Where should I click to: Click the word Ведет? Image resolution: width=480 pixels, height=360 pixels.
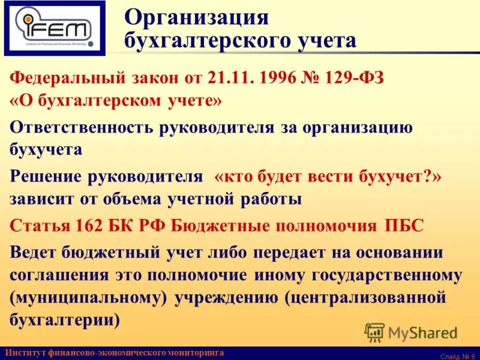[32, 252]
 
